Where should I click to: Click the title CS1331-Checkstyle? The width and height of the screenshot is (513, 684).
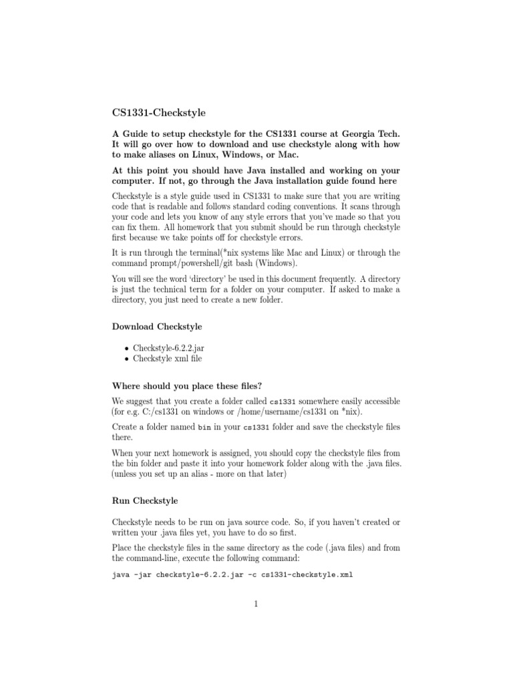tap(158, 114)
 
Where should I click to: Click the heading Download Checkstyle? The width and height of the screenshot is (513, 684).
tap(157, 327)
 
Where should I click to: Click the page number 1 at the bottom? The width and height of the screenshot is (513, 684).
tap(256, 605)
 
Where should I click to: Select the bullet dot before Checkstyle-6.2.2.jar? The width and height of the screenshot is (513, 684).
tap(126, 349)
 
